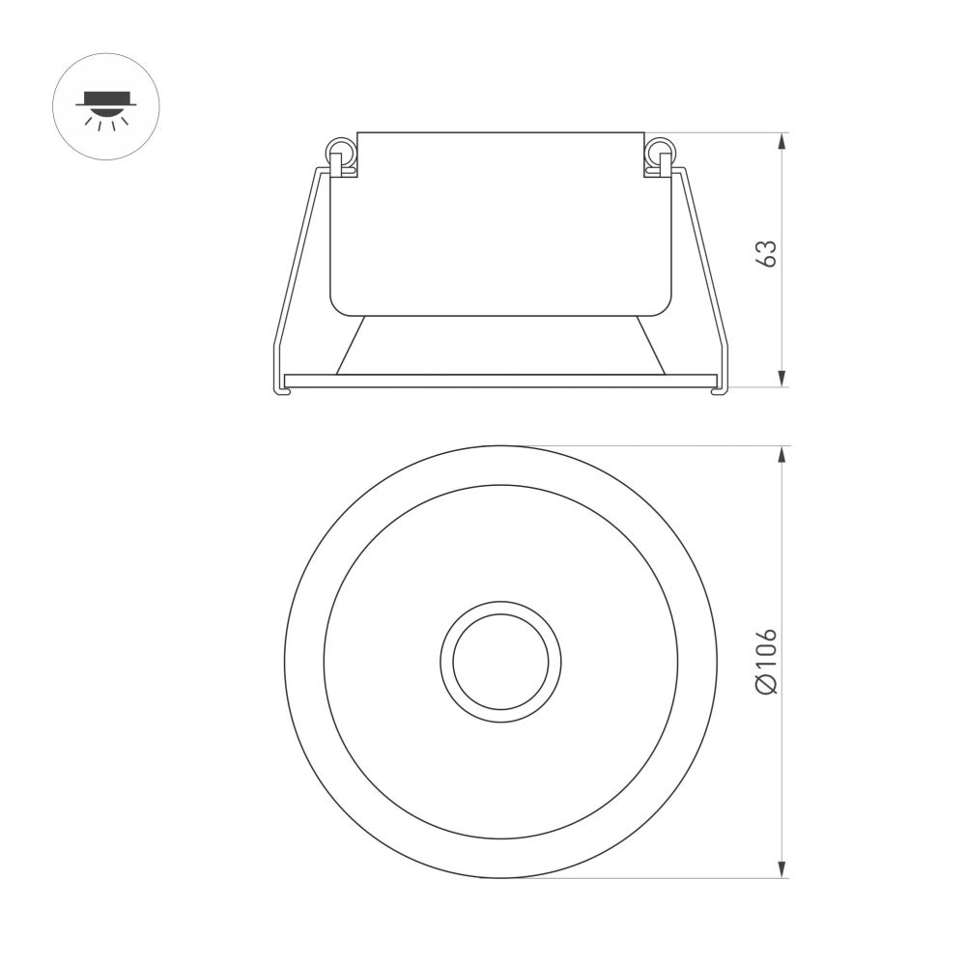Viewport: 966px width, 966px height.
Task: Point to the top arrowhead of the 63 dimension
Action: click(x=781, y=141)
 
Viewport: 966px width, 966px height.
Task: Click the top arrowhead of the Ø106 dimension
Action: click(x=781, y=455)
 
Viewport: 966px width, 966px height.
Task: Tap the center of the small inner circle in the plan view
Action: click(x=500, y=661)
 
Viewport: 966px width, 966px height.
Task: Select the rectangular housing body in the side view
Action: click(x=500, y=222)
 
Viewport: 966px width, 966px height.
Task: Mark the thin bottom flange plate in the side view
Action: click(x=500, y=381)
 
